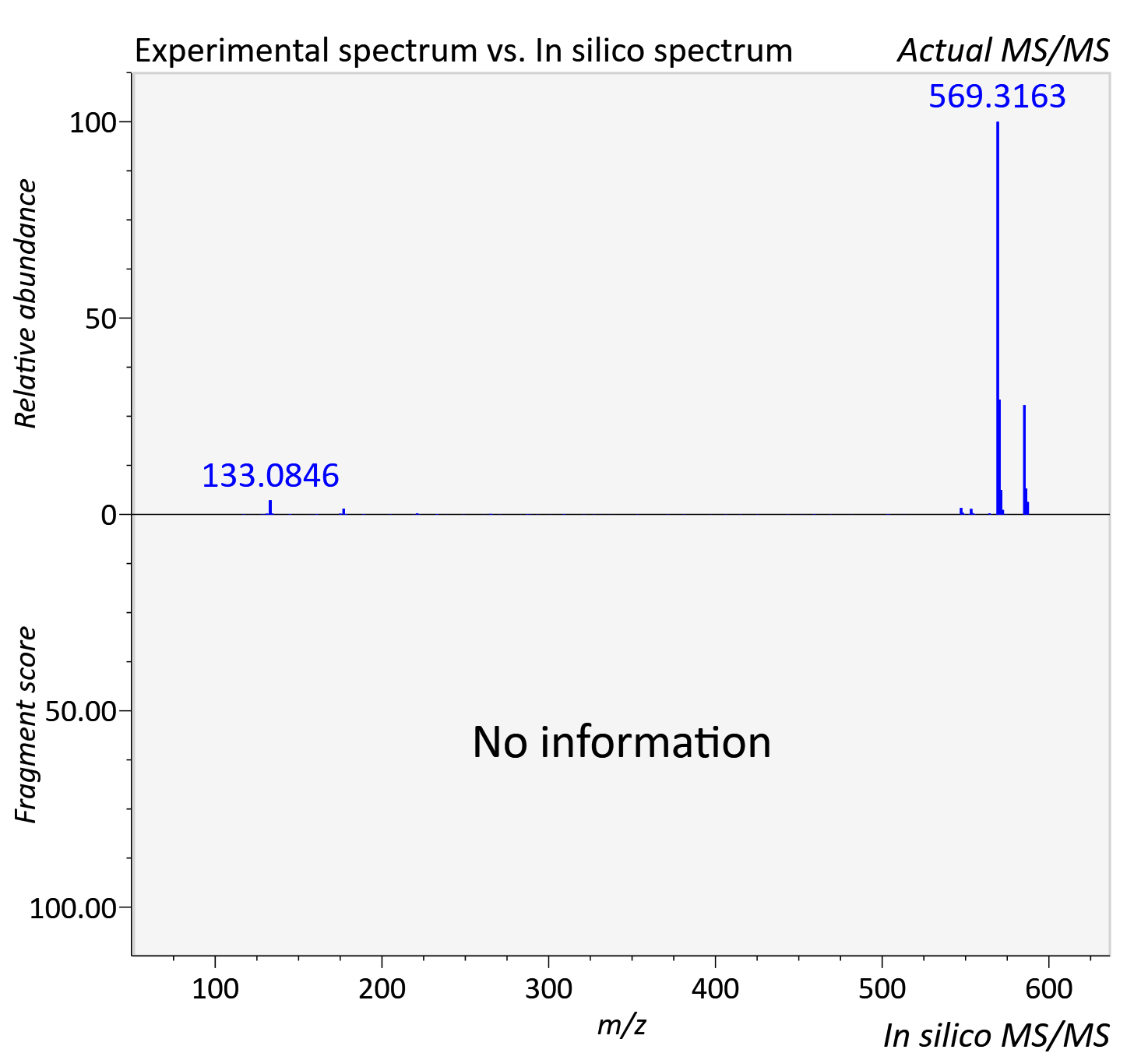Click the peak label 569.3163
997,96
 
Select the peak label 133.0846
271,475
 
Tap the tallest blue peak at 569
998,318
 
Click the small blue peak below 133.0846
270,507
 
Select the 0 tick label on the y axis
108,516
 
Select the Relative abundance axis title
25,303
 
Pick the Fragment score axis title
25,724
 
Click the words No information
622,741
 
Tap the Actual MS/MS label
1004,51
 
